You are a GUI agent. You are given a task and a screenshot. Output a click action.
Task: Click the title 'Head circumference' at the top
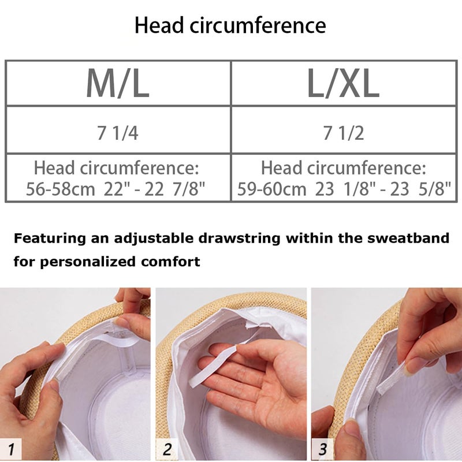point(230,25)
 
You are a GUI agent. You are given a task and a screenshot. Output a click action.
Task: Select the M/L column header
point(118,83)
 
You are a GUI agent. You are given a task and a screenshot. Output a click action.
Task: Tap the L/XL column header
point(343,83)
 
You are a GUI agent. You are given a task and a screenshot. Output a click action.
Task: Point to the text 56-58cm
point(61,189)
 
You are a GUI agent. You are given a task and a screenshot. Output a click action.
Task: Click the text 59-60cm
point(271,189)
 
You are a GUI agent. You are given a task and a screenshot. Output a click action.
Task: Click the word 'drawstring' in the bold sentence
point(239,239)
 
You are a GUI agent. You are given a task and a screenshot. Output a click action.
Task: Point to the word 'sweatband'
point(408,238)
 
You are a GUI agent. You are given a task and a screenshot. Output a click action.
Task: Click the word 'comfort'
point(170,262)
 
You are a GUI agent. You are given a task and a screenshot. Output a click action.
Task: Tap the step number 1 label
point(11,449)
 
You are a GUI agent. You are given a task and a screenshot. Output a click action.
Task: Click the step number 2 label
point(167,449)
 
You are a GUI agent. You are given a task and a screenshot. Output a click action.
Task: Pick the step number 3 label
point(322,449)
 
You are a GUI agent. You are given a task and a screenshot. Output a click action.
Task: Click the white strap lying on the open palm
point(212,366)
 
